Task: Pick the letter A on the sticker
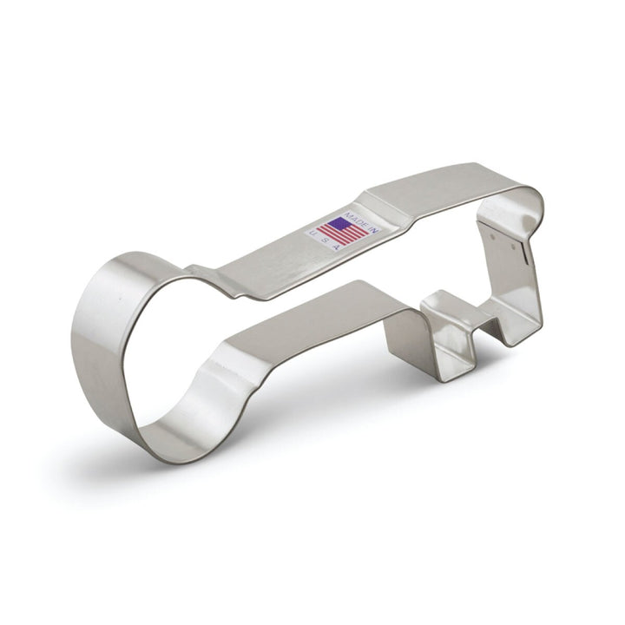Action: [x=337, y=247]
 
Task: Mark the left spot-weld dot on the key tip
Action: [x=493, y=236]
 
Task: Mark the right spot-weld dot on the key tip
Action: [x=514, y=247]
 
